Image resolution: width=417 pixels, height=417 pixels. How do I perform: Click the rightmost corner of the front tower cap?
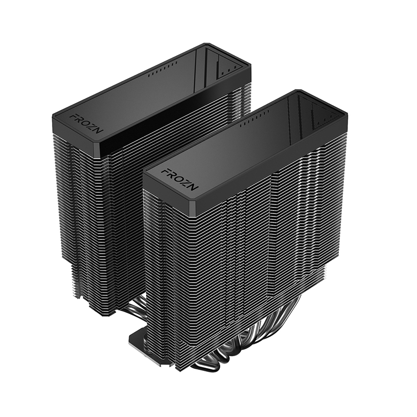click(x=346, y=115)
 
